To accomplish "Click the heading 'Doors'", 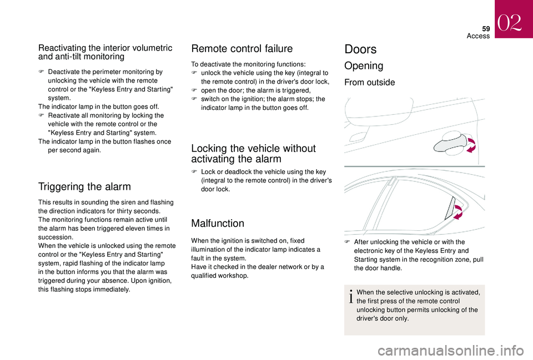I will pos(360,49).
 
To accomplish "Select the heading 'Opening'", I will pos(364,66).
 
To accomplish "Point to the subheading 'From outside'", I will pos(370,83).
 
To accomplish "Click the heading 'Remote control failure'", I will pos(242,49).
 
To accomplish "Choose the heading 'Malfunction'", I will pos(217,224).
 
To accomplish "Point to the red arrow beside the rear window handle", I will pos(459,211).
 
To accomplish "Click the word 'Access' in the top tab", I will pos(477,36).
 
